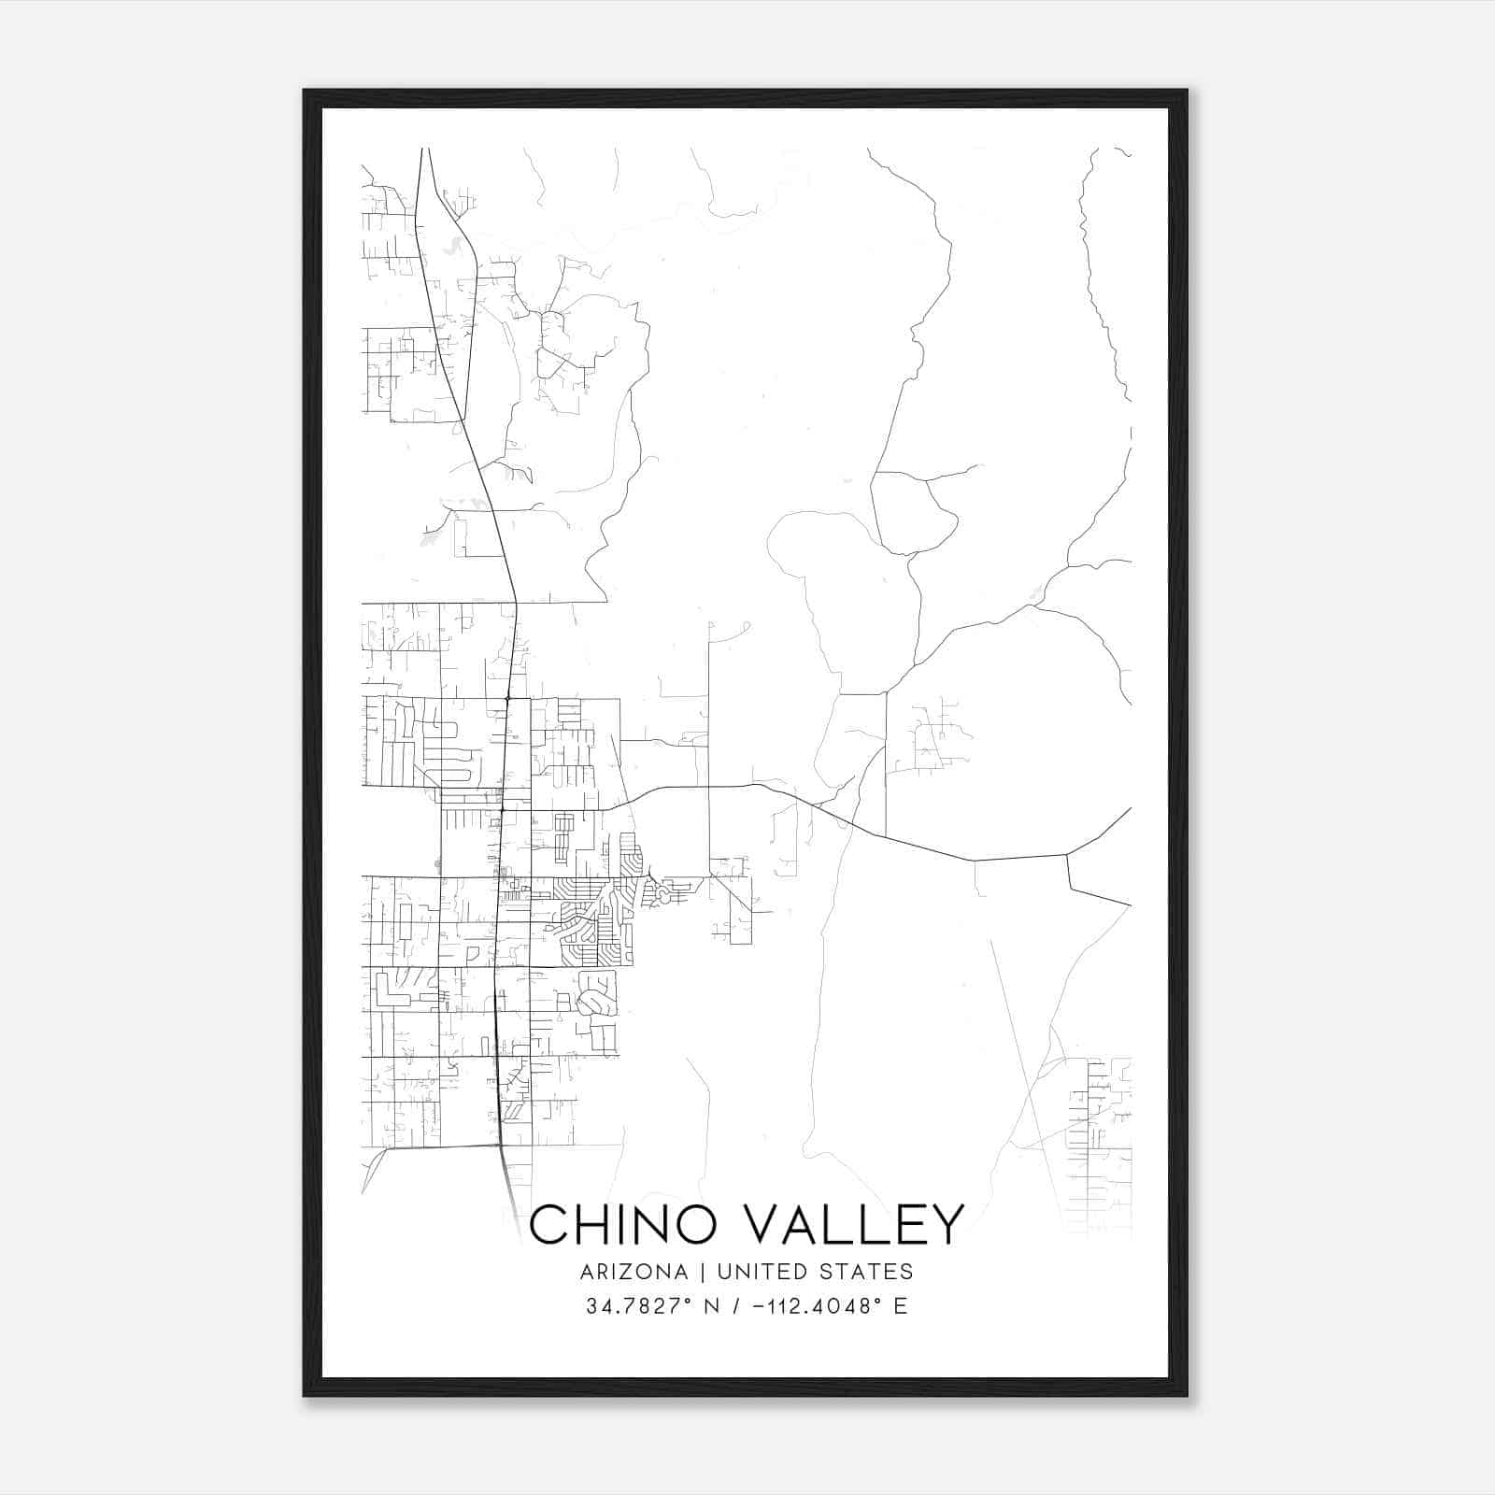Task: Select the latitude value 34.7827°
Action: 642,1306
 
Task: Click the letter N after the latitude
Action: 711,1306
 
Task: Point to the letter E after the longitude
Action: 901,1306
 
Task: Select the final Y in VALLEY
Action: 947,1225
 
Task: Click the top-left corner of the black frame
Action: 305,91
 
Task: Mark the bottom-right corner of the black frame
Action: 1187,1395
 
